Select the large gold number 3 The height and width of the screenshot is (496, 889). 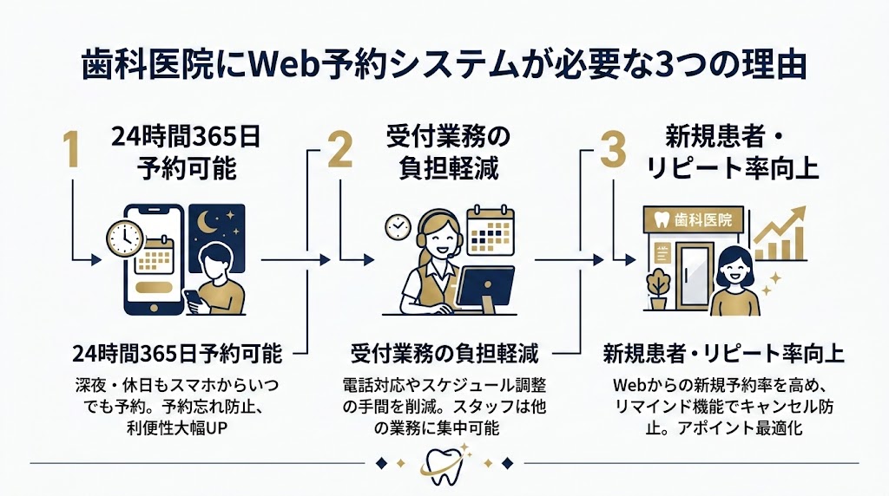click(613, 151)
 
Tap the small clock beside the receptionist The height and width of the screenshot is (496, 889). click(397, 226)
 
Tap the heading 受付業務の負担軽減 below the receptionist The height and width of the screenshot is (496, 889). click(444, 355)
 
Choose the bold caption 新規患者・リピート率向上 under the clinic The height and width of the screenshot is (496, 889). click(723, 355)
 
